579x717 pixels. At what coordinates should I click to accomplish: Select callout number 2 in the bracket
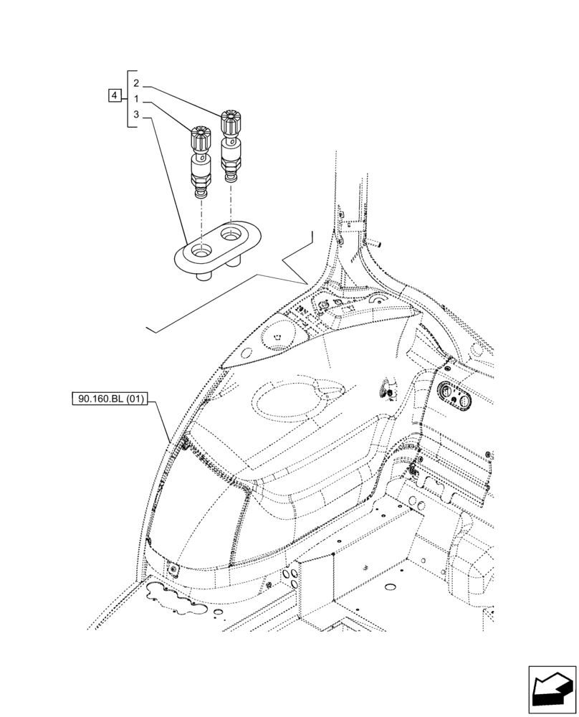pos(136,84)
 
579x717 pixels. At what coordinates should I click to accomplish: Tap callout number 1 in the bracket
pos(136,99)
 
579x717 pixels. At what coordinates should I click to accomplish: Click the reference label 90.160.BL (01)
pos(109,399)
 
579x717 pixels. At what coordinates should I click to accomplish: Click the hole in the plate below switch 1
pos(200,251)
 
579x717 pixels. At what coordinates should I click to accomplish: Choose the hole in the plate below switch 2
pos(231,234)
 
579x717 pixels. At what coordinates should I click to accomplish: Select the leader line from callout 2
pos(186,96)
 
